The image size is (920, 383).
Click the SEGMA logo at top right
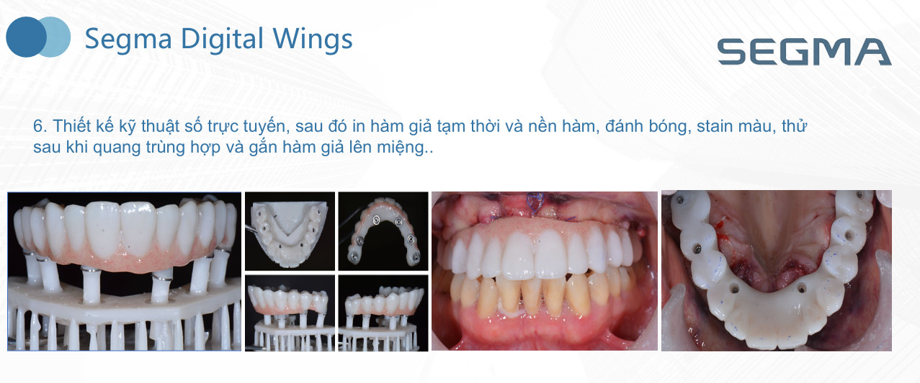click(804, 52)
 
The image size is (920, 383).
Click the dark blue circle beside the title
click(26, 37)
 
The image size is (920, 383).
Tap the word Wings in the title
click(313, 40)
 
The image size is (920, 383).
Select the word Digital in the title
click(222, 39)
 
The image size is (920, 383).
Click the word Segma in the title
click(128, 40)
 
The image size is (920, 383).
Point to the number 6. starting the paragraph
click(40, 126)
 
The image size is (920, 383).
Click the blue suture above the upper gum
click(535, 204)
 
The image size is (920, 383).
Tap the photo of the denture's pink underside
click(383, 231)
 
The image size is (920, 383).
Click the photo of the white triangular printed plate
click(290, 231)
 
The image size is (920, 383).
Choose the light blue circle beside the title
click(57, 37)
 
